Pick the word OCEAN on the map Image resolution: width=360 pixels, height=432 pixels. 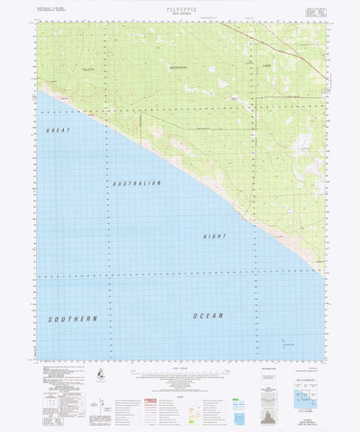(x=207, y=315)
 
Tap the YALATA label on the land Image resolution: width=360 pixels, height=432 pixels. (x=87, y=68)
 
